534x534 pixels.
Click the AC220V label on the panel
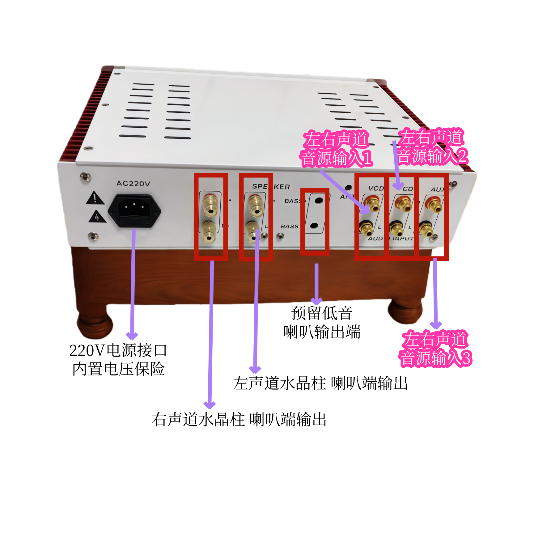(133, 184)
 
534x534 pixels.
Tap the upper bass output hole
(318, 200)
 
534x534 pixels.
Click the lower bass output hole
(314, 225)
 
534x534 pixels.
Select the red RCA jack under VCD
(372, 204)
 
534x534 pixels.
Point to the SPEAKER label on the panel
(271, 187)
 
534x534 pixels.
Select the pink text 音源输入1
(336, 158)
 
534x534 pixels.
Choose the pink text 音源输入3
(435, 358)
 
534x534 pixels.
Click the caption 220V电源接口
(118, 350)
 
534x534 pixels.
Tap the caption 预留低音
(322, 313)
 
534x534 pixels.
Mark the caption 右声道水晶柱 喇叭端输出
(239, 420)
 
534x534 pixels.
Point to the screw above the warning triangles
(85, 177)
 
